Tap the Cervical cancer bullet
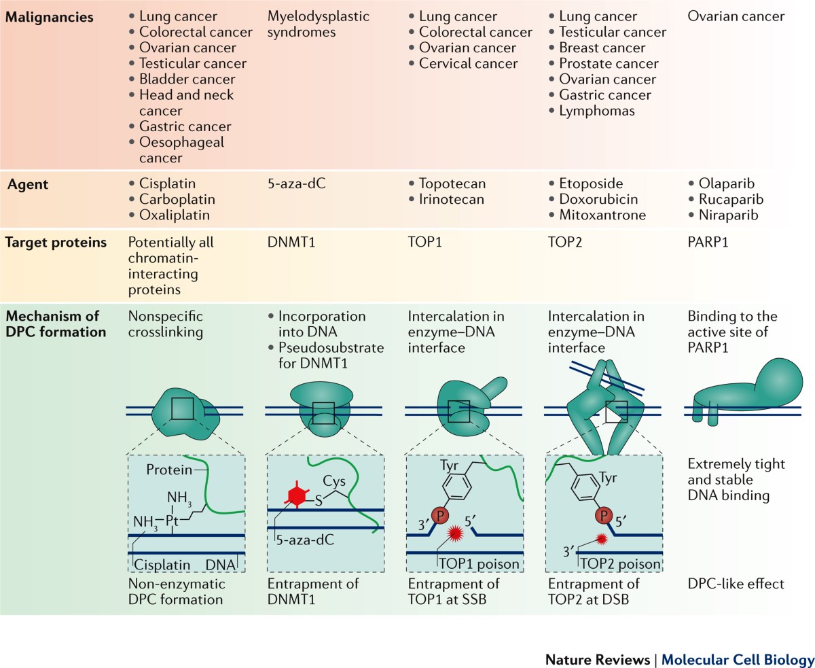click(x=469, y=64)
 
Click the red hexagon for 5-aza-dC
click(x=295, y=496)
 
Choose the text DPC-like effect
click(x=726, y=584)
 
